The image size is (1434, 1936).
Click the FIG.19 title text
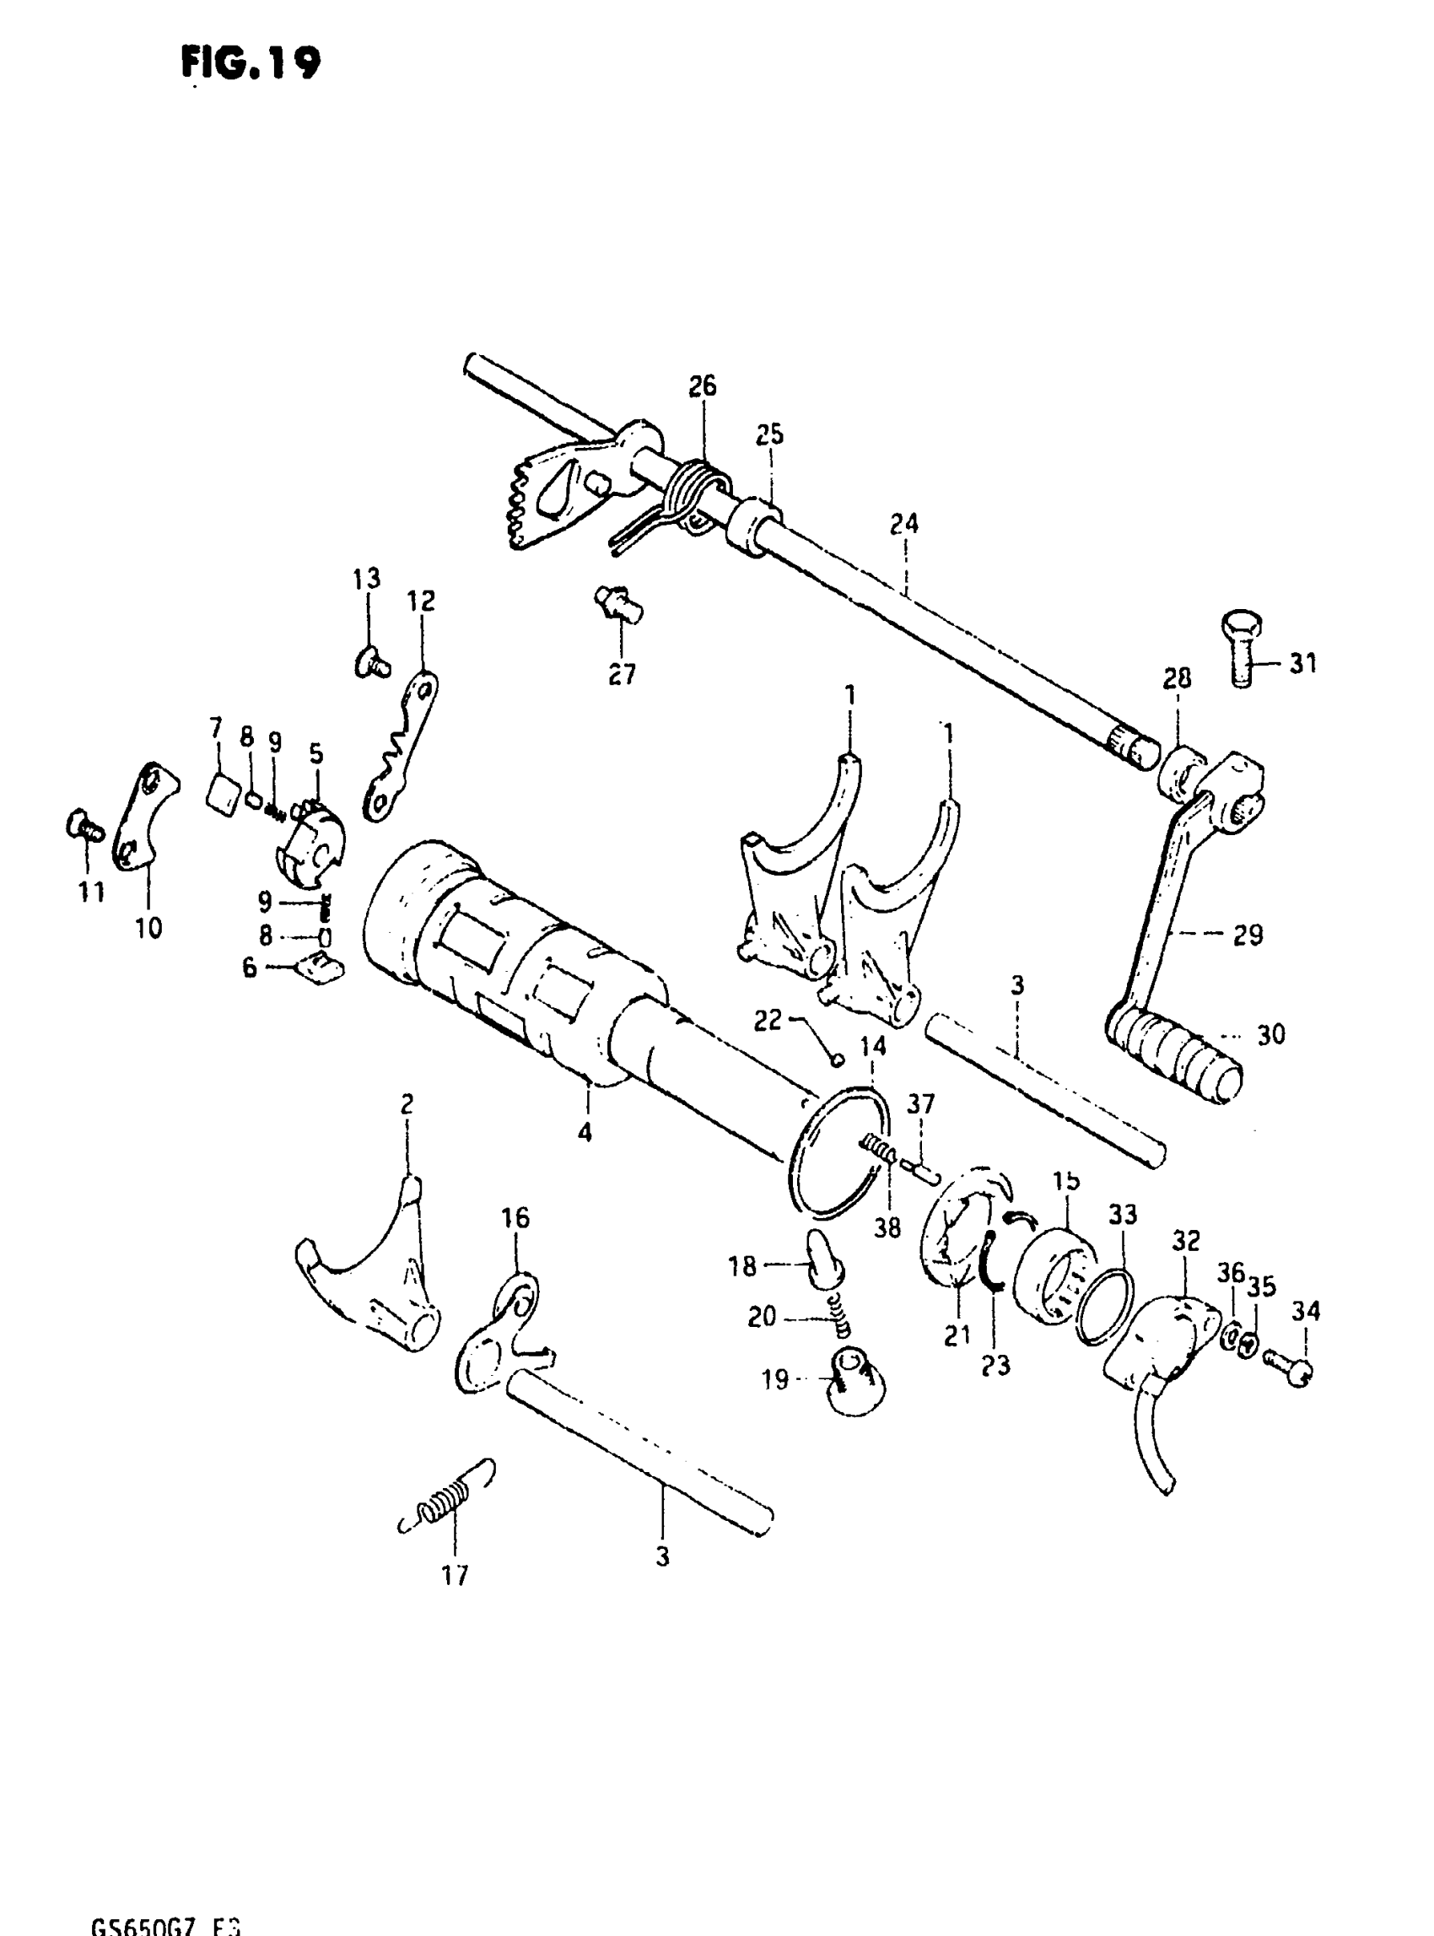[x=251, y=62]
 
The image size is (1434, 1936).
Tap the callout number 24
[x=903, y=525]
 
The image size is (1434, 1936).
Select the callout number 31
[x=1302, y=664]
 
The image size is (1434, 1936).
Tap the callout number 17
[x=455, y=1575]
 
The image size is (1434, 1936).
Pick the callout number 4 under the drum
[x=585, y=1132]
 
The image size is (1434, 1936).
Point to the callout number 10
[x=148, y=928]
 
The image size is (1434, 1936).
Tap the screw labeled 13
[x=371, y=664]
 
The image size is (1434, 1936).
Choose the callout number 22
[x=768, y=1020]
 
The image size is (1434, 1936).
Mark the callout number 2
[x=407, y=1104]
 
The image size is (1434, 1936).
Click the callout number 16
[x=515, y=1218]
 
